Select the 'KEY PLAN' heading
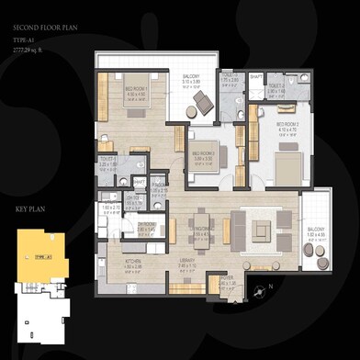[31, 210]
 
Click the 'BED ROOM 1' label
[137, 90]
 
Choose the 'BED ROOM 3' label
[202, 153]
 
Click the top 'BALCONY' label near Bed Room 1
[191, 77]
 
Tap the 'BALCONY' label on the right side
[314, 229]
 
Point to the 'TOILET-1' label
[109, 158]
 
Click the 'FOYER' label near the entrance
[228, 276]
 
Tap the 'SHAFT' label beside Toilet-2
[254, 77]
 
